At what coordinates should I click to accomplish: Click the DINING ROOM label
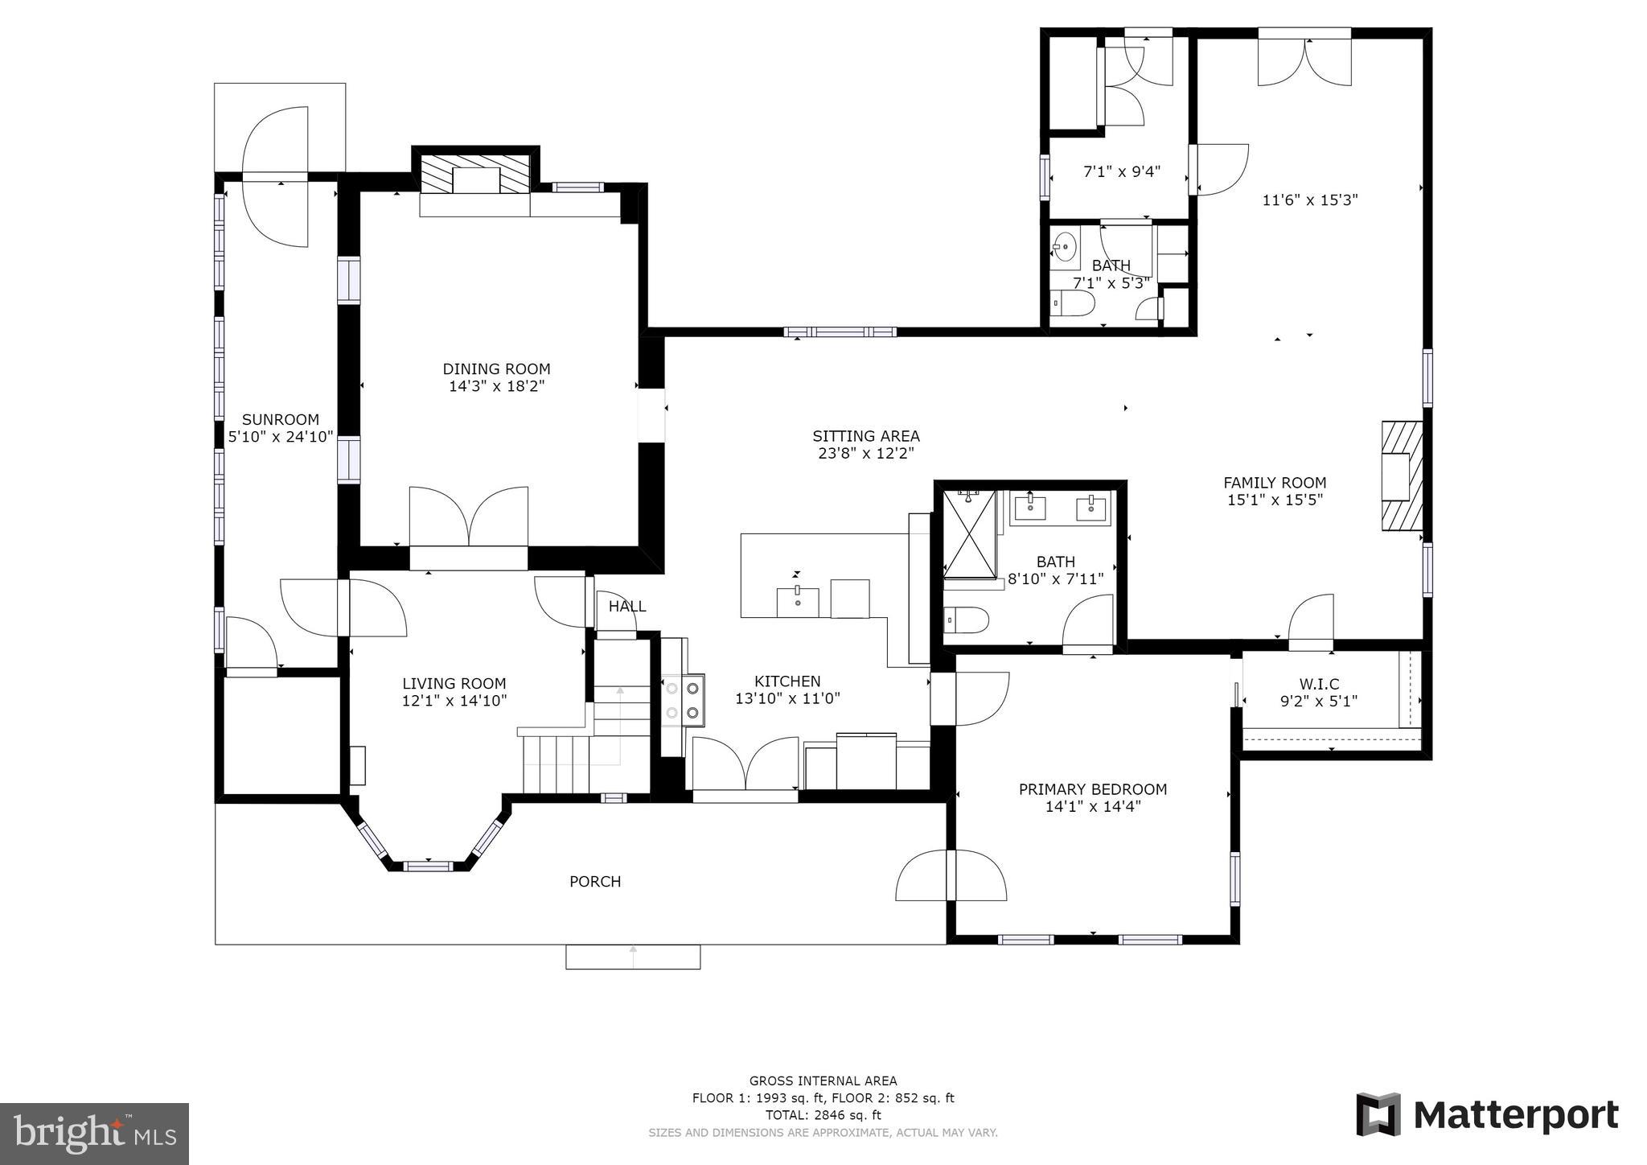click(x=496, y=369)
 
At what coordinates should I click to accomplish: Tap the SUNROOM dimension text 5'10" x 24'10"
click(x=281, y=437)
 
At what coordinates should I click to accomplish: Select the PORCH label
click(x=595, y=882)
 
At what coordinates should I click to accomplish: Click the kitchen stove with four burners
click(x=683, y=701)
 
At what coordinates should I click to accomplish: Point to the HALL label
click(x=627, y=607)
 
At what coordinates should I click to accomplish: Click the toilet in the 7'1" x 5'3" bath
click(x=1074, y=305)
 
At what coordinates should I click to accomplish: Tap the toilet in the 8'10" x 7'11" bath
click(x=966, y=620)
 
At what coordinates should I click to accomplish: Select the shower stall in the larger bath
click(x=969, y=534)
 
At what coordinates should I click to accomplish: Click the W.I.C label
click(x=1319, y=684)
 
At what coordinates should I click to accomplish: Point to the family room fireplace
click(x=1402, y=476)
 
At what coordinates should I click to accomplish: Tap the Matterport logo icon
click(x=1378, y=1114)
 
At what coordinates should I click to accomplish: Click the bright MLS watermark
click(x=95, y=1134)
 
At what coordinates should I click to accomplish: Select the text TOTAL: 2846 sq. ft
click(x=823, y=1115)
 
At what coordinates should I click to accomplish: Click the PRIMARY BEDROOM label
click(x=1093, y=789)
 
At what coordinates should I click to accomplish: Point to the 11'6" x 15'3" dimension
click(x=1310, y=200)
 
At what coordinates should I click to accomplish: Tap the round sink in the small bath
click(x=1066, y=245)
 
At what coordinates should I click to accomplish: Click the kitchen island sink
click(x=798, y=602)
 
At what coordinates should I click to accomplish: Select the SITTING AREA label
click(x=866, y=436)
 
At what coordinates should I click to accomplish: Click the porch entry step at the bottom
click(x=633, y=957)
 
